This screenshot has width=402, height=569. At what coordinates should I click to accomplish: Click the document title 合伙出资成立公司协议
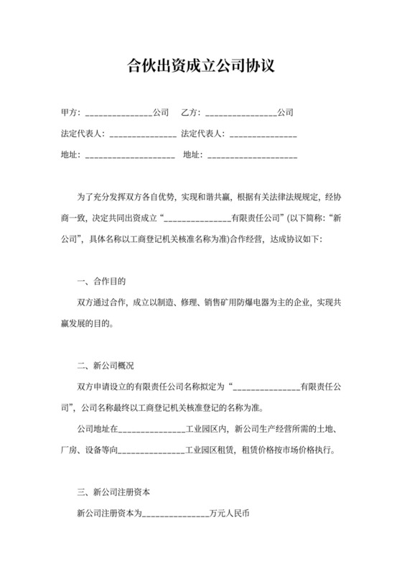(x=200, y=66)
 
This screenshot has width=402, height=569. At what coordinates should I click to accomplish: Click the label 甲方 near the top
(x=70, y=113)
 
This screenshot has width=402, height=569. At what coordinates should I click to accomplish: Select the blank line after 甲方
(x=118, y=114)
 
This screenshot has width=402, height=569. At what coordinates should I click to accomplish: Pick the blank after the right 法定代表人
(x=263, y=134)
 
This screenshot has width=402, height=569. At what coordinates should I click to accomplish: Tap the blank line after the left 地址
(x=129, y=155)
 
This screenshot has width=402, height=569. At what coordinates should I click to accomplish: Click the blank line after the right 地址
(x=252, y=155)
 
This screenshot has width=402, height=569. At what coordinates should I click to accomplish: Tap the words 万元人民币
(x=230, y=514)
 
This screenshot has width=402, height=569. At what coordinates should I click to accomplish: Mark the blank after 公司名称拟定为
(x=266, y=389)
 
